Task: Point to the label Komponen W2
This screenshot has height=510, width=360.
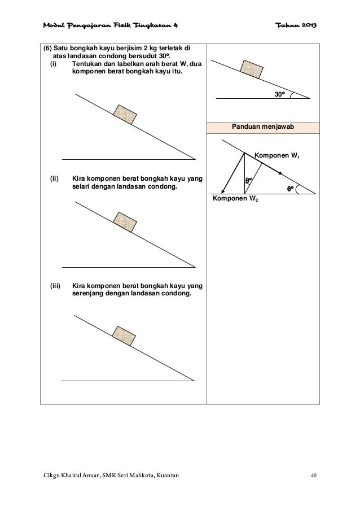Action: click(x=235, y=199)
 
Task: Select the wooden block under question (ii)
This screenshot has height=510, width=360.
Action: click(x=124, y=220)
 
